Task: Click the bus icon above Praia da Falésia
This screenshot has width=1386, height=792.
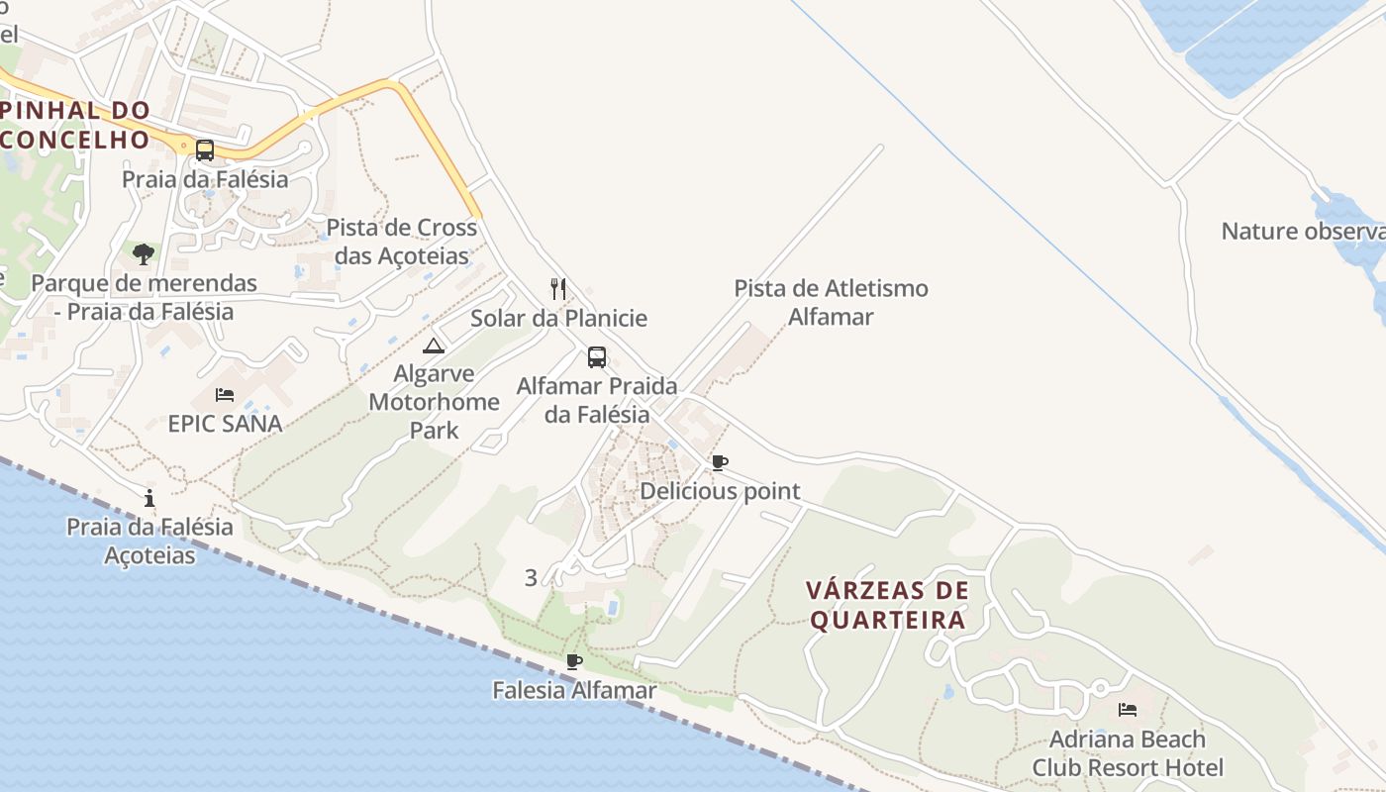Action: (205, 150)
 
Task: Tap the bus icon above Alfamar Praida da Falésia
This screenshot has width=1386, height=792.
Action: (597, 357)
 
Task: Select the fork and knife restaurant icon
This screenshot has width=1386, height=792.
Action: (558, 289)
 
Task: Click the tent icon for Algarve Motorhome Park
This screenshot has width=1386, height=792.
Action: (434, 346)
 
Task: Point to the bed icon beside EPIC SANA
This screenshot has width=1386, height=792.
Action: (225, 395)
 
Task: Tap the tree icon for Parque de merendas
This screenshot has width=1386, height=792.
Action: (144, 254)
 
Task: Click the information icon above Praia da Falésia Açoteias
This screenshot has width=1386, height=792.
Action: (149, 498)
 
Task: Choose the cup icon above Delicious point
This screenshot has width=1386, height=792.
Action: (720, 462)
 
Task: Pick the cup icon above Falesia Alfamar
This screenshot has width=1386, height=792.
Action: (573, 661)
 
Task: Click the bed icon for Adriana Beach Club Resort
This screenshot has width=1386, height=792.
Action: (1127, 710)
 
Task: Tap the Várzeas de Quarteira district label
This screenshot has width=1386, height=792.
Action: (887, 605)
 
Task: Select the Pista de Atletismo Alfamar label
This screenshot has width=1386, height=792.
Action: (831, 302)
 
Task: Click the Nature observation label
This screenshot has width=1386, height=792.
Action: (1303, 232)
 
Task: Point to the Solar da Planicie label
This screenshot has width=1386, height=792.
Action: (558, 318)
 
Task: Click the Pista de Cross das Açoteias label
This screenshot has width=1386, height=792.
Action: (401, 242)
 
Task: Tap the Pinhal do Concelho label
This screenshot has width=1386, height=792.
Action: (75, 125)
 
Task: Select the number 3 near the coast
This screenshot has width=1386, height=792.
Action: (531, 578)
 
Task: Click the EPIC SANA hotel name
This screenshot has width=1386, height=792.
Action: (225, 424)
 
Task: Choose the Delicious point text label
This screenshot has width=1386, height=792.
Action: (720, 491)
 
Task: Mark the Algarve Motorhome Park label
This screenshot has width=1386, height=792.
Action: (434, 402)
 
